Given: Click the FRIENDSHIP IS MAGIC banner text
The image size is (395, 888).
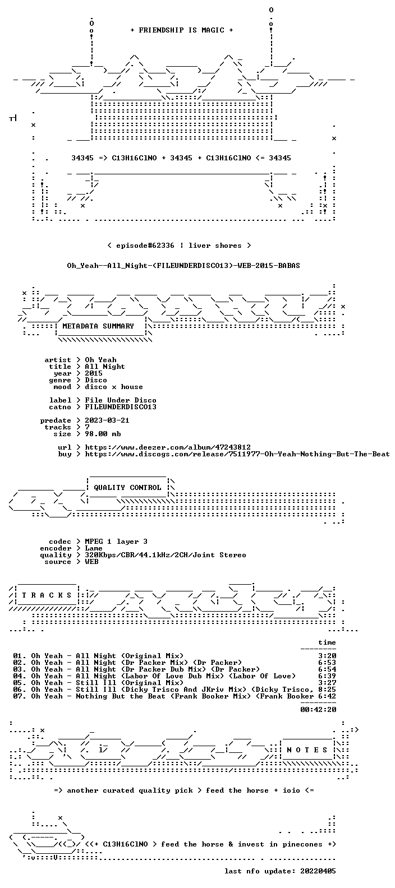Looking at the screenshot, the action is pos(182,30).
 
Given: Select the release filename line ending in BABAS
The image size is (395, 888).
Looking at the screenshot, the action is pos(183,266).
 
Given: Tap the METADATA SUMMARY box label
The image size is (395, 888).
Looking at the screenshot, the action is pos(98,326).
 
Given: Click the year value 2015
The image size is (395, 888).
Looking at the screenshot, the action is pos(94,373).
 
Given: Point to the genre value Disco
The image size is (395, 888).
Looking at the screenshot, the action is pos(96,380).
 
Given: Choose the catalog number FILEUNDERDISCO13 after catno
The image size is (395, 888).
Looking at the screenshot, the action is pos(121,407).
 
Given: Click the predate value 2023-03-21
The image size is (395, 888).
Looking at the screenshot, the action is pos(107,420).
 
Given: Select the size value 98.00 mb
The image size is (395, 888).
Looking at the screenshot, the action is pos(103,434).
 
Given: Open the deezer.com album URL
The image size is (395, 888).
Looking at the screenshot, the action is pos(168,447).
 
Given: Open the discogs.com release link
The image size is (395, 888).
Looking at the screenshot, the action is pos(237,454).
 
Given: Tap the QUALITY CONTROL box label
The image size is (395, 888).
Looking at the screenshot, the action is pos(127,488).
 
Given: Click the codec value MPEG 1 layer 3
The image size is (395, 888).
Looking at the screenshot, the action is pos(116,542).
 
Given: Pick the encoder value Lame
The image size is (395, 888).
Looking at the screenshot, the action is pos(94,548).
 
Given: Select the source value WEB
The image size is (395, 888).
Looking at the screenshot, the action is pos(91,562).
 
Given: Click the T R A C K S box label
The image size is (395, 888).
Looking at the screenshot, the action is pos(47,595).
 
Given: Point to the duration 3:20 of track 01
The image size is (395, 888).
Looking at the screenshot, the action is pos(327,656).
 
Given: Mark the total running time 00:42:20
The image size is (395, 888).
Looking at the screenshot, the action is pos(318,710).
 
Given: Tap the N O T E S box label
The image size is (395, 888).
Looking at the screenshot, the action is pos(307,750).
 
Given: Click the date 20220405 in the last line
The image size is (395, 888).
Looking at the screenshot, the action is pos(318,871).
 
